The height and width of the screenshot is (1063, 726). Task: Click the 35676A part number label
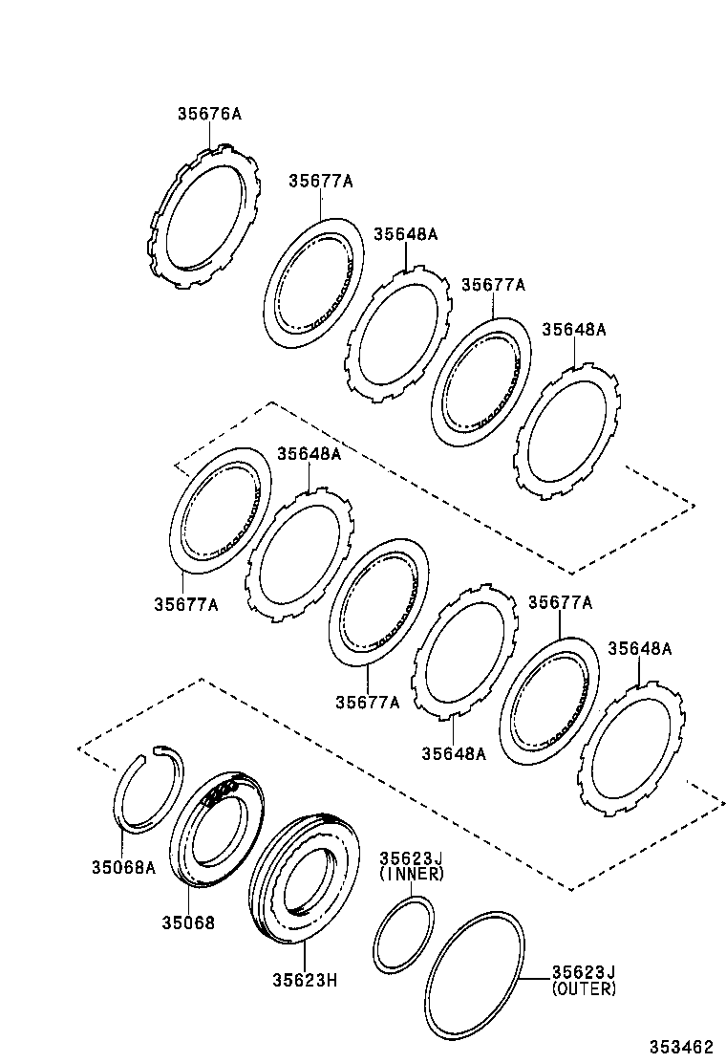(x=208, y=114)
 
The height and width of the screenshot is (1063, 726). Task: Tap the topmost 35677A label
(x=320, y=181)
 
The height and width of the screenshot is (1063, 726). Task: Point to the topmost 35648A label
(x=405, y=233)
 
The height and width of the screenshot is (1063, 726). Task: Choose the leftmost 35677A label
(x=185, y=604)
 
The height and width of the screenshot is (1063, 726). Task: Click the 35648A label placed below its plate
(x=454, y=753)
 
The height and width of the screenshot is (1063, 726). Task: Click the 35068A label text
(x=123, y=868)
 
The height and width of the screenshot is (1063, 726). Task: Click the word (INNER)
(x=412, y=874)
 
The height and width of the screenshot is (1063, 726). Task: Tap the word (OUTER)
(x=584, y=989)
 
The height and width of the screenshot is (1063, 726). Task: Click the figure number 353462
(x=681, y=1047)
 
